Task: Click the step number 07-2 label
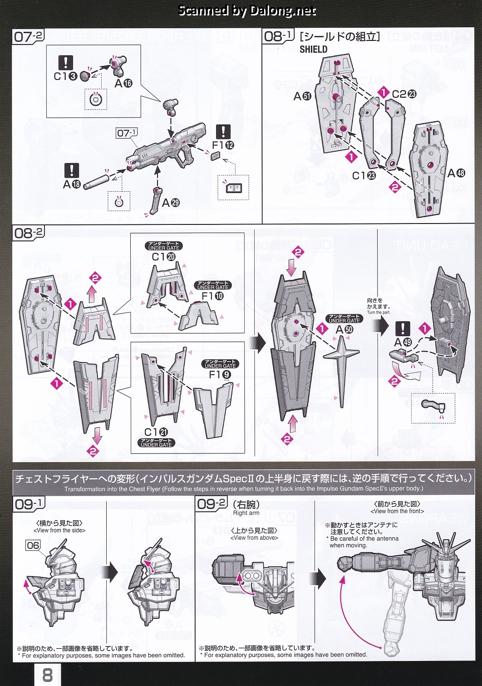29,36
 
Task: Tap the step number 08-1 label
278,36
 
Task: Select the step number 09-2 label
211,504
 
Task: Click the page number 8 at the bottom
47,675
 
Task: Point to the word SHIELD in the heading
313,49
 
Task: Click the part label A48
456,173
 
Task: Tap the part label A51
302,96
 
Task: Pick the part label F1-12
223,145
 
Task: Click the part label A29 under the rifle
171,203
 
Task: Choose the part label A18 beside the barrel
72,184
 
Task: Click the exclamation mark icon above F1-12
223,132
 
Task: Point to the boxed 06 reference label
33,545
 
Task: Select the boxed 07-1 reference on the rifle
127,133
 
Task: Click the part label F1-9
220,375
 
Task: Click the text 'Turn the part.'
379,312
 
